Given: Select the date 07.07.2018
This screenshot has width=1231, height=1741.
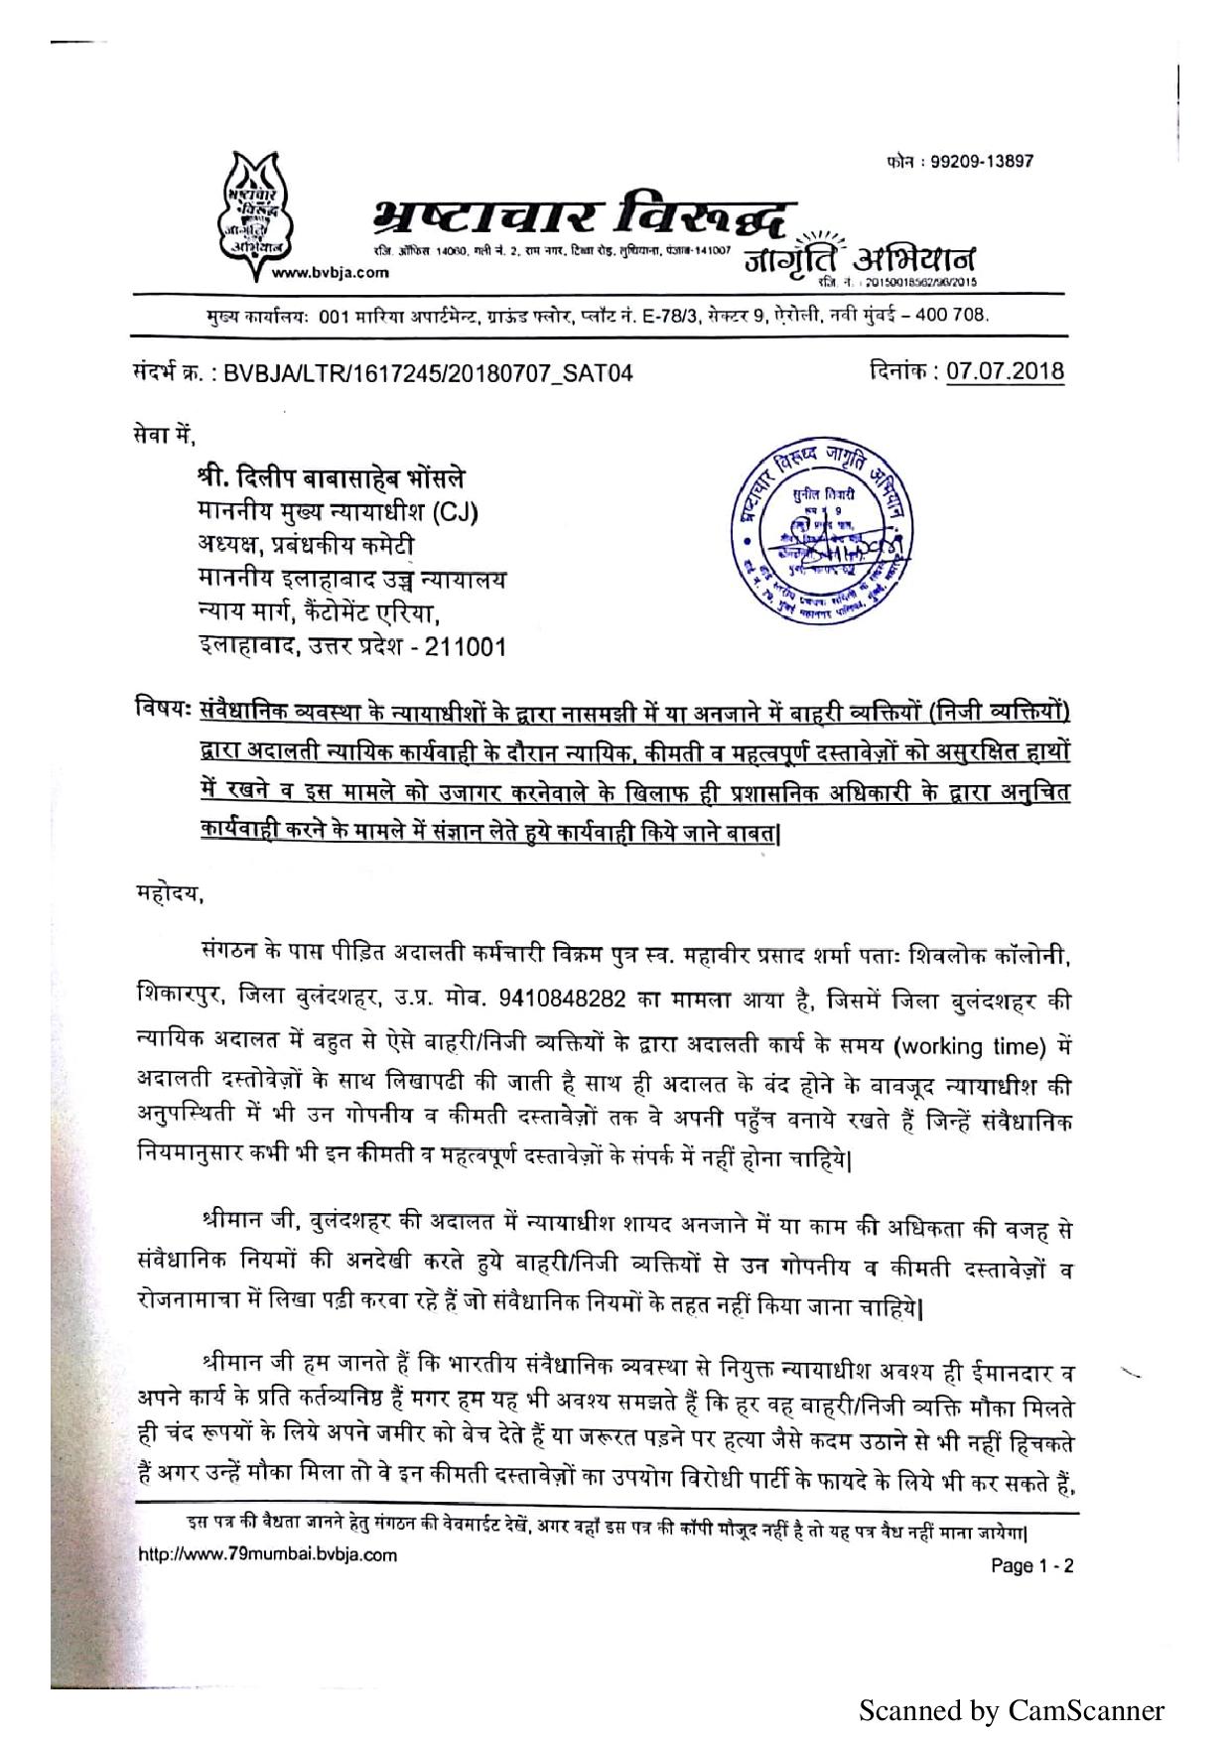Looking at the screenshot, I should pyautogui.click(x=1005, y=371).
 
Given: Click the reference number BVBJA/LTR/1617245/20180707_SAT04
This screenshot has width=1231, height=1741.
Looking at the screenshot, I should pyautogui.click(x=428, y=373).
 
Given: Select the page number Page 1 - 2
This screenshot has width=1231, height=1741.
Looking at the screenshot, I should pyautogui.click(x=1032, y=1566).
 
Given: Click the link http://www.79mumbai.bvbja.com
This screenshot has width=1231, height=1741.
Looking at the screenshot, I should pyautogui.click(x=267, y=1554).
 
